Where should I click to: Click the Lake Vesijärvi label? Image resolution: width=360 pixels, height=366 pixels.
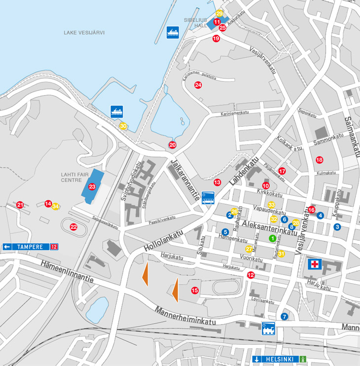[x=84, y=33]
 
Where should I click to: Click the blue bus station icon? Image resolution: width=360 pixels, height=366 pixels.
[x=208, y=198]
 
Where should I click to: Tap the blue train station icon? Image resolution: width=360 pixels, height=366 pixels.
[x=268, y=328]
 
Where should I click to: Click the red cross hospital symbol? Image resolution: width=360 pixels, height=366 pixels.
[x=314, y=264]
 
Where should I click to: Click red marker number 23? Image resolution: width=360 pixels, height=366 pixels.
[x=92, y=186]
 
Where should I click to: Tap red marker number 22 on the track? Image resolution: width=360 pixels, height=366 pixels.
[x=73, y=227]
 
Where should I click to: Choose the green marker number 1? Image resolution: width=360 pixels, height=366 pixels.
[x=272, y=238]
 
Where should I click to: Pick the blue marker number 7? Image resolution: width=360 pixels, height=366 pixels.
[x=284, y=316]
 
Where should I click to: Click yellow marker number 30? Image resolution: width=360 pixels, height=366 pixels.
[x=123, y=126]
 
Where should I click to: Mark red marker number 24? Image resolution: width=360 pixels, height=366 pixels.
[x=198, y=85]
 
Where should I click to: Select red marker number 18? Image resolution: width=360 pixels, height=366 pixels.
[x=319, y=159]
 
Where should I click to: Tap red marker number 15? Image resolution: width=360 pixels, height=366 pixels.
[x=195, y=291]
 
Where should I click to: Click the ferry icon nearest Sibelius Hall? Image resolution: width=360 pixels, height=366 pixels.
[x=172, y=32]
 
